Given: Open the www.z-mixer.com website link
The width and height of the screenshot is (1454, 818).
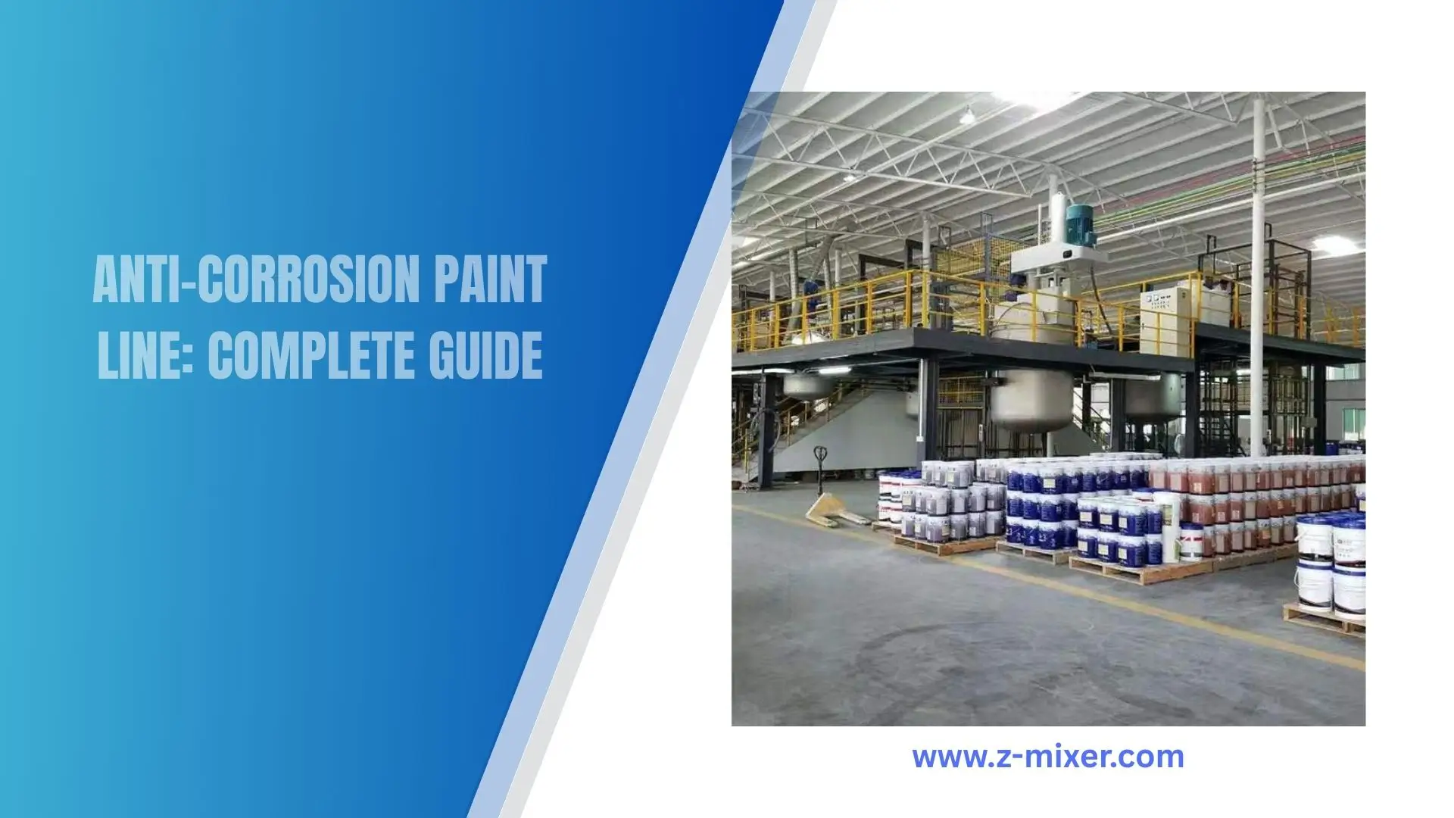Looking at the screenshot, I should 1048,757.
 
